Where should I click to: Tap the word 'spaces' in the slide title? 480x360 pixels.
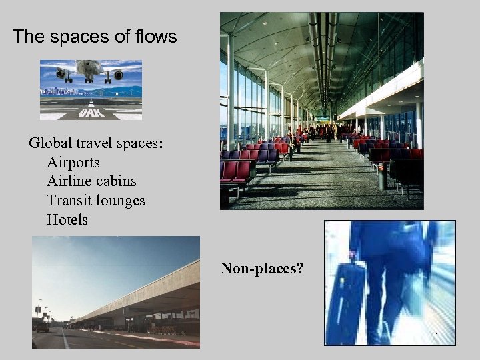(79, 37)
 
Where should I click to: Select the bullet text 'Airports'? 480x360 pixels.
(73, 162)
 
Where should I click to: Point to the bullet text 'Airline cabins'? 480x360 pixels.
(91, 181)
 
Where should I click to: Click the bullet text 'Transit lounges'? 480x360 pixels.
(95, 200)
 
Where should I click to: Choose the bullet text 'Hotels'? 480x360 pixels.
(67, 219)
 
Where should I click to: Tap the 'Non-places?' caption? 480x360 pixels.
(262, 269)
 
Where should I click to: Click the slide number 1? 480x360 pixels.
(436, 337)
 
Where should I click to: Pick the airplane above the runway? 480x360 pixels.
(90, 70)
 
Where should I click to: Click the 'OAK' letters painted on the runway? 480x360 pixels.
(90, 113)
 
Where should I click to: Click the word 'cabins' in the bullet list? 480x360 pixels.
(117, 181)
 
